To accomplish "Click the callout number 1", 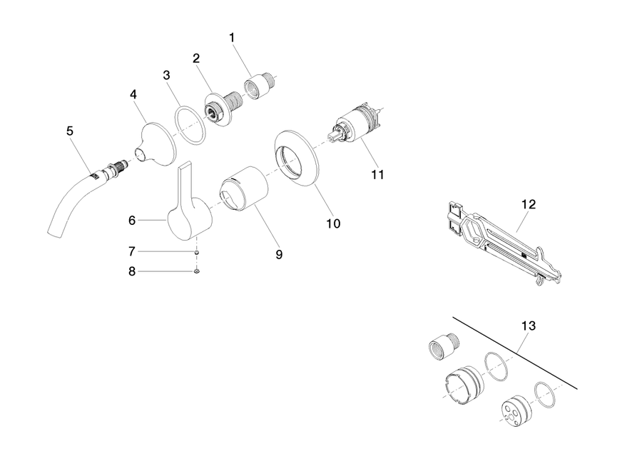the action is point(232,38).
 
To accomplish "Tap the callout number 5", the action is point(70,131).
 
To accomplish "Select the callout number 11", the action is point(377,175).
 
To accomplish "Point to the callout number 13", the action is point(529,326).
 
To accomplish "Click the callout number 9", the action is point(279,254).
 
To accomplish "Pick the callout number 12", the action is point(529,204).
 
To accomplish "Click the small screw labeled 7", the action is point(197,253).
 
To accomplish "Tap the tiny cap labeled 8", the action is point(197,271).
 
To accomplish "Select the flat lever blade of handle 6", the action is point(185,183).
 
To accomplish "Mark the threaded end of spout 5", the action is point(118,168).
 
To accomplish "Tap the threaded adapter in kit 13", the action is point(444,345).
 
